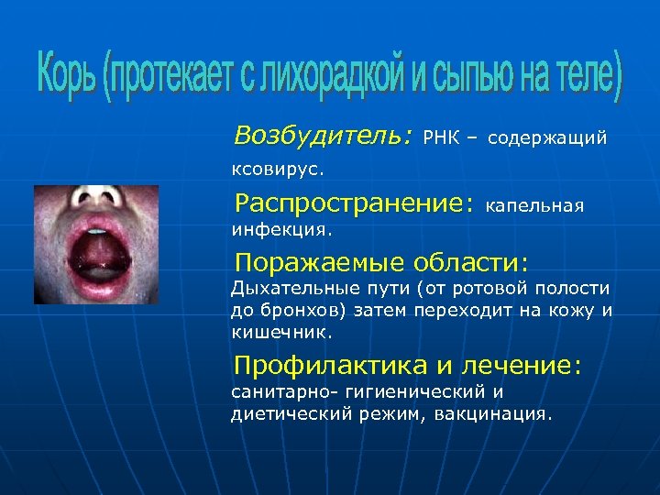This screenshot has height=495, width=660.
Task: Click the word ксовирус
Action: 270,169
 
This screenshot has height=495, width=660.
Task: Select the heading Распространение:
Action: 355,201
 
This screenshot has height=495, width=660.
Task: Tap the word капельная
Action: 535,204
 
